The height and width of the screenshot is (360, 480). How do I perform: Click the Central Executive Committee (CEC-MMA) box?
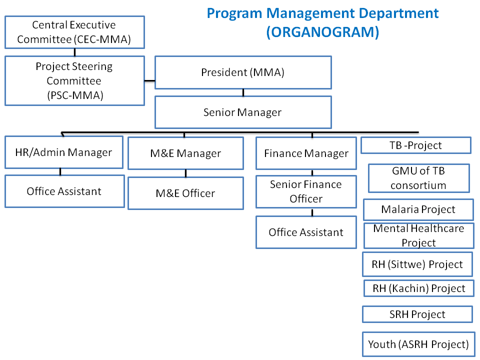[x=74, y=32]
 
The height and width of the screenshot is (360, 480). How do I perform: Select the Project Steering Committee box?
[x=74, y=81]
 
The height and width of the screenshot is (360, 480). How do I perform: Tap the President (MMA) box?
[x=243, y=72]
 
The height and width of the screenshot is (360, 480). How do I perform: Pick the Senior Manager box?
[x=243, y=112]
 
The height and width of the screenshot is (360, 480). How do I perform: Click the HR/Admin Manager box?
[x=64, y=152]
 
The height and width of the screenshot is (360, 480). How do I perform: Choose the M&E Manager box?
[x=185, y=153]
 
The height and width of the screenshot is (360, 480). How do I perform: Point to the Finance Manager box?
[x=306, y=153]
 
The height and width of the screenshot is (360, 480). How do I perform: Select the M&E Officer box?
[x=185, y=193]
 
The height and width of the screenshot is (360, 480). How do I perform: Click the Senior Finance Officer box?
[x=306, y=191]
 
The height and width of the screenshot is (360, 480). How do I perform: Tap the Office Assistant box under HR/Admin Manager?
[x=64, y=191]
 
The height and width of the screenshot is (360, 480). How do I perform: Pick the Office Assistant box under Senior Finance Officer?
[x=306, y=232]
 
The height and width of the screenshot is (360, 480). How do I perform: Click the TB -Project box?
[x=415, y=145]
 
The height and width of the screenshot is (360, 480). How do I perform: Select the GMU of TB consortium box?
[x=419, y=178]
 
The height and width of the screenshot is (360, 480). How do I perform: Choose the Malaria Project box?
[x=418, y=209]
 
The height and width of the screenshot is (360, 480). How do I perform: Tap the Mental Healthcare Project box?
[x=419, y=235]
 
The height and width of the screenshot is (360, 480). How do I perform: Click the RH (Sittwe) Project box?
[x=417, y=264]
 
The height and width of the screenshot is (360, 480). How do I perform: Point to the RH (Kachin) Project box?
[x=419, y=288]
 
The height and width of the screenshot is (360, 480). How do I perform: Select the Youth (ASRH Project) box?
[x=418, y=344]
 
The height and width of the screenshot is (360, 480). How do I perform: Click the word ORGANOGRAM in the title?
[x=322, y=32]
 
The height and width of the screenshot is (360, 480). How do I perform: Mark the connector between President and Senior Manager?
[x=243, y=93]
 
